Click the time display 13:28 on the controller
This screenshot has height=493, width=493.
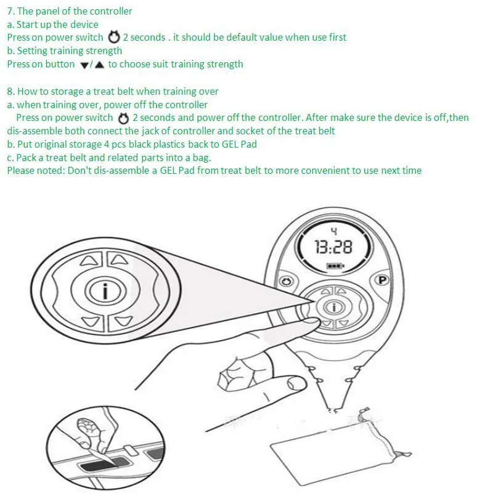tap(333, 247)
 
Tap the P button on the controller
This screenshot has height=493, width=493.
tap(382, 280)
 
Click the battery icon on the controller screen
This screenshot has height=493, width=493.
tap(335, 266)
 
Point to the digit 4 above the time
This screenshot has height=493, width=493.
tap(334, 231)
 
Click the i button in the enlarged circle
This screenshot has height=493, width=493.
tap(105, 291)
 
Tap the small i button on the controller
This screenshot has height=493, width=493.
tap(334, 307)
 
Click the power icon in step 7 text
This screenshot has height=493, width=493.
tap(114, 37)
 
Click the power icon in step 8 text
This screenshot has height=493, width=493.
tap(123, 118)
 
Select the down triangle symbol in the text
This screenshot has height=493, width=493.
tap(84, 65)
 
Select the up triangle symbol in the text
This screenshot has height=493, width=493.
tap(99, 65)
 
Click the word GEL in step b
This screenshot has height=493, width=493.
tap(230, 144)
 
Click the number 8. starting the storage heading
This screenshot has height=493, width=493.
tap(11, 91)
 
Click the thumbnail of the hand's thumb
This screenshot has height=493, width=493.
tap(296, 383)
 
